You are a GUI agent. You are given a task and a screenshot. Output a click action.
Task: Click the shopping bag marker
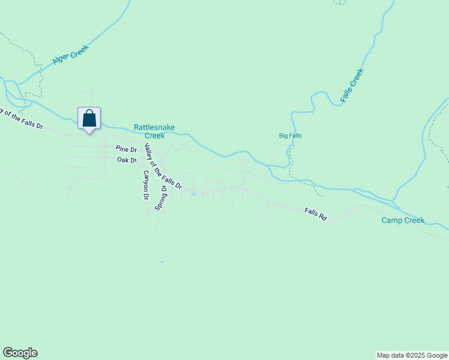89,118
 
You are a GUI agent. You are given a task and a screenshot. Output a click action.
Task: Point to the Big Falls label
291,136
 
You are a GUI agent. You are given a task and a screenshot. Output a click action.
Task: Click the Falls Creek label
352,85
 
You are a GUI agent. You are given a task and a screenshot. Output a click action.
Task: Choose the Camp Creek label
403,220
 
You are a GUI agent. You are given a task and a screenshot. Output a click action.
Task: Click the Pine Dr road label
127,149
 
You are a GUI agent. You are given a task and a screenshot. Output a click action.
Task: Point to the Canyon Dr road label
145,184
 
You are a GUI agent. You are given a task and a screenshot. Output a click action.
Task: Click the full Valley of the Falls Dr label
163,170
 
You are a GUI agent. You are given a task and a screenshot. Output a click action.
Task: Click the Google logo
20,353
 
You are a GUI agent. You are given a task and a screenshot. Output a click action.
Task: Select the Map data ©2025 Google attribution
412,355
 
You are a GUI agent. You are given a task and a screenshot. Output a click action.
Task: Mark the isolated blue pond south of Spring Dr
161,262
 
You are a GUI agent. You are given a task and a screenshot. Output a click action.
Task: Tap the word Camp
392,220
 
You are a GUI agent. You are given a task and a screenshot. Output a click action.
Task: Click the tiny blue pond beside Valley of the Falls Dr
193,194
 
